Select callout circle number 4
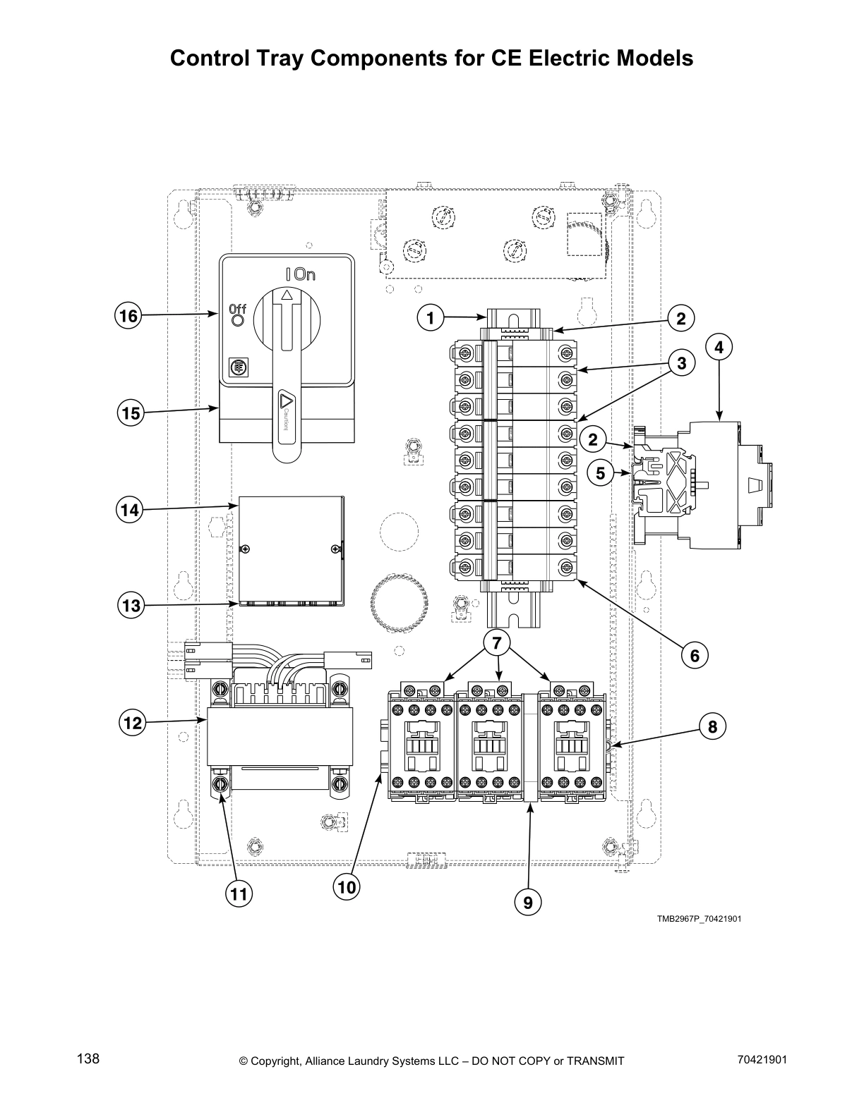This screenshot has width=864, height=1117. [x=719, y=347]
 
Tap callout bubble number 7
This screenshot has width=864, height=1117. [x=497, y=642]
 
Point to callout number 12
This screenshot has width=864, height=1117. [x=131, y=723]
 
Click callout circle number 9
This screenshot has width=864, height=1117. [x=528, y=901]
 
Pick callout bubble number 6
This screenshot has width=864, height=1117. [x=695, y=656]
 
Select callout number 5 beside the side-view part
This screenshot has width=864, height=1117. [x=601, y=473]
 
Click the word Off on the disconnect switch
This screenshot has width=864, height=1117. [x=237, y=309]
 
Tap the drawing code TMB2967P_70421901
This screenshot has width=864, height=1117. [x=699, y=919]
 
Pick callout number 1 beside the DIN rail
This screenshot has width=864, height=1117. [x=431, y=318]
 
